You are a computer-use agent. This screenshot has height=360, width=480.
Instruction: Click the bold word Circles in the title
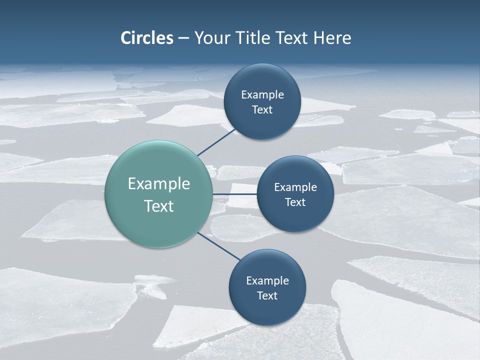(147, 38)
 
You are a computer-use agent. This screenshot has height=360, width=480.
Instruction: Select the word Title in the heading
(254, 38)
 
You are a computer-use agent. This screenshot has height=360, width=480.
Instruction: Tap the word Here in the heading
(332, 38)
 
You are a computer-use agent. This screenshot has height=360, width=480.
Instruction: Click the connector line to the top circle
(216, 141)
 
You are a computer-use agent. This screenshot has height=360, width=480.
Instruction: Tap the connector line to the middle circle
(235, 194)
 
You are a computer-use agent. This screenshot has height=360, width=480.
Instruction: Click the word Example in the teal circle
(159, 184)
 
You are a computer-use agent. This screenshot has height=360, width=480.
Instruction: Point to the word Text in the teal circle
(159, 206)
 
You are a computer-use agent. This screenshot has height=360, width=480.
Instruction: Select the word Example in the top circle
(262, 95)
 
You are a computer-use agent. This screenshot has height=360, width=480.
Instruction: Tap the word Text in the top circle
(262, 110)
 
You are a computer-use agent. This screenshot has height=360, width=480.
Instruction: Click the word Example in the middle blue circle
(295, 187)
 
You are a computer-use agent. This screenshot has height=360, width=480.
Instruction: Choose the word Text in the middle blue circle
(295, 202)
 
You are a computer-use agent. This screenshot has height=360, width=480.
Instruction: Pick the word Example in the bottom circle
(267, 281)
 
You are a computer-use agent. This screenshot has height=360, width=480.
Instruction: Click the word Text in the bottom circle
(267, 295)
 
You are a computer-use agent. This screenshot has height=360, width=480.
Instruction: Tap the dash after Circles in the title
(183, 38)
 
